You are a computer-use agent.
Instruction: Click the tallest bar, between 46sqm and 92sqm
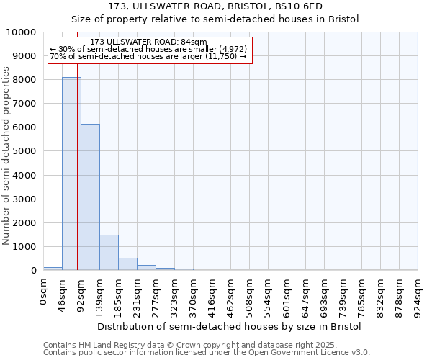(x=71, y=174)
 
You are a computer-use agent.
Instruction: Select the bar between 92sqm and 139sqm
(x=90, y=197)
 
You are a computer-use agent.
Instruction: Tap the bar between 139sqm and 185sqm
(x=109, y=252)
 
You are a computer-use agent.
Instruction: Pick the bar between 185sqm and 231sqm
(x=127, y=264)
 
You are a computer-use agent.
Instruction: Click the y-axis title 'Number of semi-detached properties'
(x=7, y=156)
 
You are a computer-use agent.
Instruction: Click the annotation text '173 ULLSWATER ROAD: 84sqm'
(x=150, y=42)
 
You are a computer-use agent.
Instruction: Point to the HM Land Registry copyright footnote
(x=194, y=345)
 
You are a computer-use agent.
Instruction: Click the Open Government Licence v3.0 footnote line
(x=207, y=353)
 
